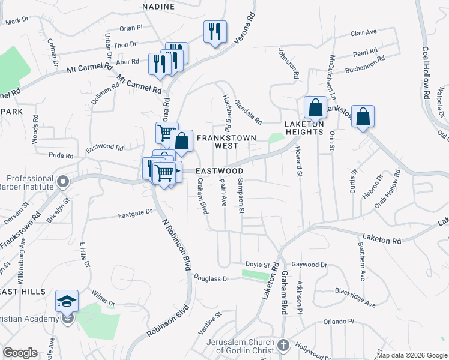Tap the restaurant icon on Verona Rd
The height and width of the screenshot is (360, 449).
(x=215, y=31)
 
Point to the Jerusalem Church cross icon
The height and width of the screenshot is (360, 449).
(x=284, y=346)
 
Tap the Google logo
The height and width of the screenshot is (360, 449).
(x=19, y=353)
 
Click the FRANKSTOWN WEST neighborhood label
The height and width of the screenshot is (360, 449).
(x=227, y=142)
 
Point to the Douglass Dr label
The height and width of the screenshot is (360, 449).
(x=212, y=278)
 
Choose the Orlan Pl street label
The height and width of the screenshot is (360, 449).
(x=130, y=28)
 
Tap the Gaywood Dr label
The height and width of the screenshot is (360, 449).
(x=309, y=265)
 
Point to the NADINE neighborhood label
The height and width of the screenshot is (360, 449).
(x=158, y=7)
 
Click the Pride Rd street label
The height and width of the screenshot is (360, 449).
(x=61, y=155)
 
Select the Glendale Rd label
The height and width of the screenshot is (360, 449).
(x=248, y=112)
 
